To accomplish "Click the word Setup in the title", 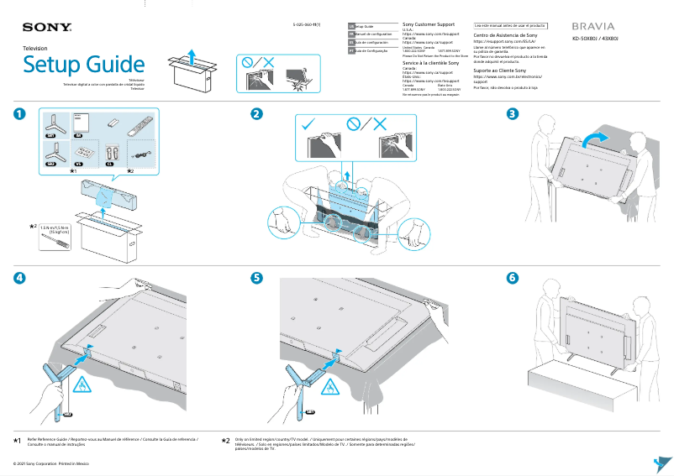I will click(54, 65).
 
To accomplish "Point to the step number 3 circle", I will click(512, 113).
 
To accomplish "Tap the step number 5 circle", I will click(257, 278).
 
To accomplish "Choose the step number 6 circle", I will click(512, 278).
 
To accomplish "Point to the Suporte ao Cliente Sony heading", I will click(505, 71).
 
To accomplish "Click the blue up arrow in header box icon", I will click(192, 56).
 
